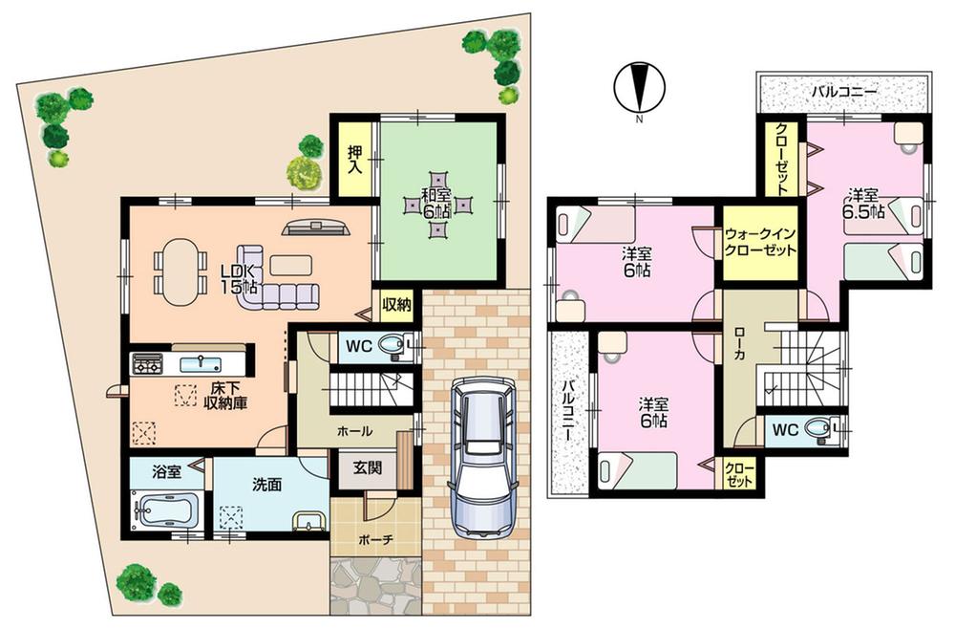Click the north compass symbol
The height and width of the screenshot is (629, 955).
click(x=638, y=87)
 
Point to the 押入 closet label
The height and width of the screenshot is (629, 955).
click(x=353, y=158)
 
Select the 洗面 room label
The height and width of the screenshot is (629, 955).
click(x=268, y=485)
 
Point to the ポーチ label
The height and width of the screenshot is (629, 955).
click(x=376, y=539)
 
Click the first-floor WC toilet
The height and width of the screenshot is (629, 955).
click(x=393, y=345)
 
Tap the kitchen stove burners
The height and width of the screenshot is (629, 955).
click(x=148, y=363)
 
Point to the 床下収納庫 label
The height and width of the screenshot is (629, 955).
click(x=225, y=396)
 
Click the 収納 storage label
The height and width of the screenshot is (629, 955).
click(x=396, y=306)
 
